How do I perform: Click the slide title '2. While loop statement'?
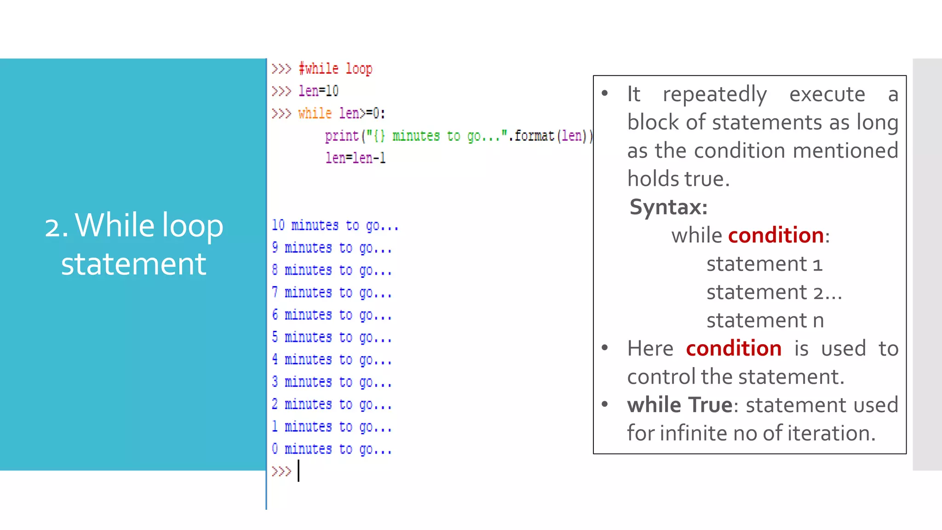pos(133,244)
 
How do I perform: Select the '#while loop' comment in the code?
pos(335,69)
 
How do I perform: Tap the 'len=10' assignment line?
pos(318,91)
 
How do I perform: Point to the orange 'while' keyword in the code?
pos(315,113)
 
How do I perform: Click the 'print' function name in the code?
pos(342,136)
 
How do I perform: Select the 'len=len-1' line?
pos(355,158)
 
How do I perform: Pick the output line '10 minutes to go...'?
pos(335,225)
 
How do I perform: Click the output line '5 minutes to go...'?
pos(332,337)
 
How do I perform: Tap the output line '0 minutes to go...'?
pos(332,449)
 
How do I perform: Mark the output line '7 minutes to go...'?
pos(332,293)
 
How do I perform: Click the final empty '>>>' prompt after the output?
pos(281,472)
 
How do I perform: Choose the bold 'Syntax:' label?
pos(668,207)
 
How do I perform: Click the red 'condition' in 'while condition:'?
pos(776,236)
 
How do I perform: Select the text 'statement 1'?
pos(764,264)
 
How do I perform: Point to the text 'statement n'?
pos(765,320)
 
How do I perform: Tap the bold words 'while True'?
pos(679,405)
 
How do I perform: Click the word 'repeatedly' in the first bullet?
pos(715,94)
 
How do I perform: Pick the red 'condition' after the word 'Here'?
pos(734,349)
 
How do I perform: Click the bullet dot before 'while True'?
pos(605,404)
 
